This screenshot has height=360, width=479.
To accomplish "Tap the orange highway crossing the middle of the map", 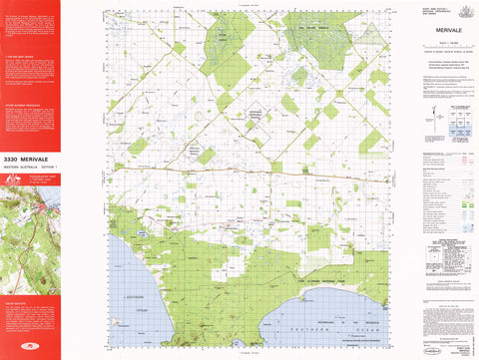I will tap(259, 172).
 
